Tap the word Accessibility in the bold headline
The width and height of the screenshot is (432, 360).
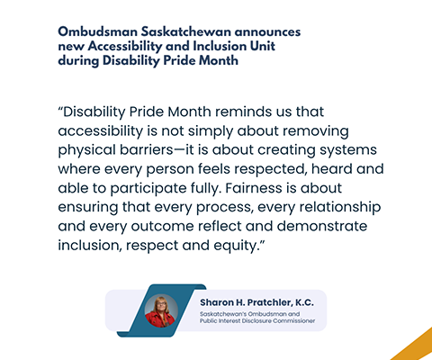[x=125, y=47]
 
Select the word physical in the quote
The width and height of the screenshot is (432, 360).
[x=86, y=150]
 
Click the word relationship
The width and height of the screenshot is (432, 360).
[x=340, y=208]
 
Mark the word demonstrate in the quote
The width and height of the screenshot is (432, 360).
[x=322, y=226]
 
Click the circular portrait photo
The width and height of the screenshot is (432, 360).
[x=161, y=310]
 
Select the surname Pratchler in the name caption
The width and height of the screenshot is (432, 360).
[x=270, y=302]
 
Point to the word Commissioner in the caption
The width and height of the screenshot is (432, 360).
[x=294, y=321]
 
